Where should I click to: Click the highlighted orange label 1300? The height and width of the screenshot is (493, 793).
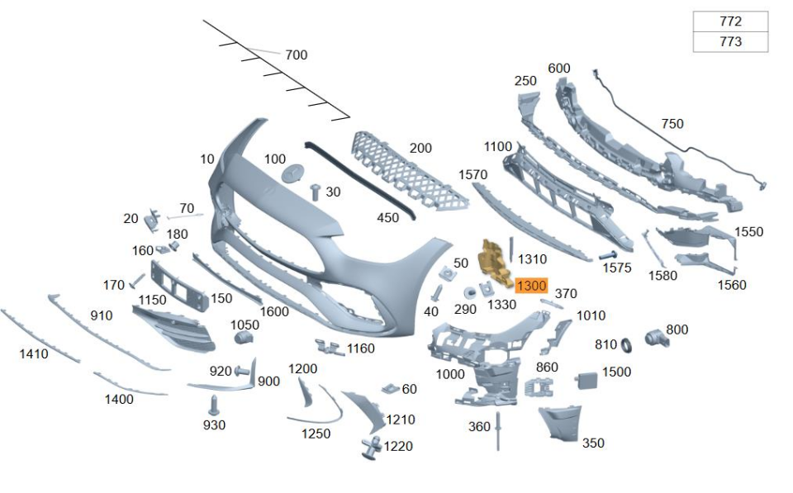[531, 286]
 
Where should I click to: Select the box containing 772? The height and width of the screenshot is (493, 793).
[730, 21]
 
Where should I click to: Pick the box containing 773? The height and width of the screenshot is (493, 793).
[730, 41]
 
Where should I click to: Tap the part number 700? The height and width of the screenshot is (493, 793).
[296, 55]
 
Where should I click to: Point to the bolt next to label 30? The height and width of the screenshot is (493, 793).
[315, 192]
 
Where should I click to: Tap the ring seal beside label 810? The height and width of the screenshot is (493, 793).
[626, 344]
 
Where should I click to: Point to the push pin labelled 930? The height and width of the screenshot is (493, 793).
[213, 405]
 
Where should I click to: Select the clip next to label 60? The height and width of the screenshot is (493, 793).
[391, 387]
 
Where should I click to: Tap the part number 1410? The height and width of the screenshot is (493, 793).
[34, 354]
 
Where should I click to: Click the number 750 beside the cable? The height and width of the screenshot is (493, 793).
[672, 124]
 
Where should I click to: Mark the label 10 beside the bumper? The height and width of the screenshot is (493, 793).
[207, 159]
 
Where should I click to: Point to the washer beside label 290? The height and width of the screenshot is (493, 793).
[469, 292]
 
